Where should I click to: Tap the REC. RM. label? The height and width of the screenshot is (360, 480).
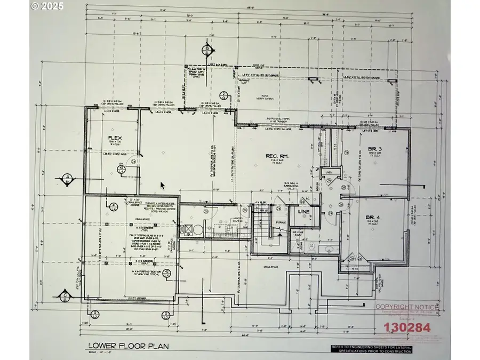pyautogui.click(x=277, y=156)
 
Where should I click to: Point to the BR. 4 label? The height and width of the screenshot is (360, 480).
pyautogui.click(x=372, y=217)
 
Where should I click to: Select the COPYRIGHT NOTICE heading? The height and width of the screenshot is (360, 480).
pyautogui.click(x=407, y=307)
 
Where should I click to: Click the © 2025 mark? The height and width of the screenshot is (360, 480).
pyautogui.click(x=47, y=7)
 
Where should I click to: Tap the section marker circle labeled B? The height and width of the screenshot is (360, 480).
pyautogui.click(x=206, y=52)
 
